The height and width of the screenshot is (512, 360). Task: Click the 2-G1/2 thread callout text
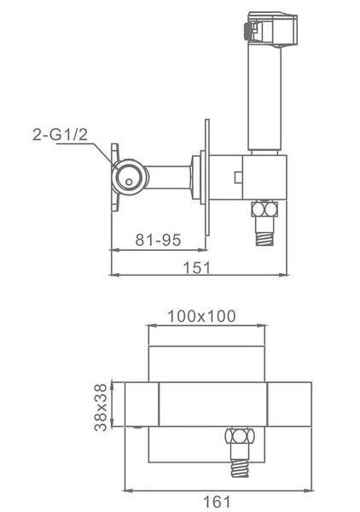(x=61, y=135)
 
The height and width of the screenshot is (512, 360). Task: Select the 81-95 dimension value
(x=158, y=240)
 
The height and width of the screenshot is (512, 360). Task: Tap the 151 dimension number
(x=197, y=267)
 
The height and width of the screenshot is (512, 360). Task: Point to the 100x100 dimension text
(x=201, y=316)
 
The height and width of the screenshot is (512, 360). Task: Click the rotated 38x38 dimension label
(x=101, y=407)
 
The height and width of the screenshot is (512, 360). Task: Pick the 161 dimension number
(x=217, y=501)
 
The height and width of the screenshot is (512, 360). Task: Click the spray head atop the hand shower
(x=270, y=29)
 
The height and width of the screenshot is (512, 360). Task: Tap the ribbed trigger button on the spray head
(x=247, y=32)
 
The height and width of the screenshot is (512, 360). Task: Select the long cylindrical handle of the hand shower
(x=264, y=97)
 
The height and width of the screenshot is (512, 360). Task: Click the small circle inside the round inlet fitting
(x=130, y=182)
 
